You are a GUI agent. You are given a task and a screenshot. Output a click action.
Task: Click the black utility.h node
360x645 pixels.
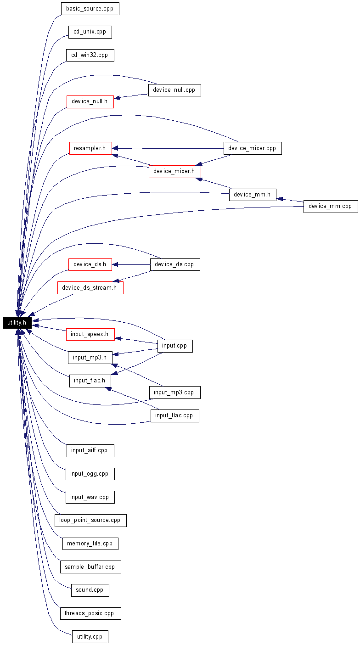pyautogui.click(x=17, y=322)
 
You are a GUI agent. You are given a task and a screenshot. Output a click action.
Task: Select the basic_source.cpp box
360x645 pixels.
pyautogui.click(x=90, y=9)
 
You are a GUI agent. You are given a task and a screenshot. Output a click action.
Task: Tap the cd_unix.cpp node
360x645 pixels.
pyautogui.click(x=90, y=32)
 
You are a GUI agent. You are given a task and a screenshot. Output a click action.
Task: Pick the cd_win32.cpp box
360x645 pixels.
pyautogui.click(x=90, y=55)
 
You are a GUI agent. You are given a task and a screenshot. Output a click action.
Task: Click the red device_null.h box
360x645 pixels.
pyautogui.click(x=90, y=102)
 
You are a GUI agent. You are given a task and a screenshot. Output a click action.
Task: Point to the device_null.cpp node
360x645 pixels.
pyautogui.click(x=174, y=90)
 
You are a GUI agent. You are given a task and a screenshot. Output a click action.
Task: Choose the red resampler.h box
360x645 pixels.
pyautogui.click(x=90, y=148)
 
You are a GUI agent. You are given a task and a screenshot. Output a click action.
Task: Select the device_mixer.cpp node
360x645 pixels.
pyautogui.click(x=253, y=148)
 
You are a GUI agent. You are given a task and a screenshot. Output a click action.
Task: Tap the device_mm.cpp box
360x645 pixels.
pyautogui.click(x=331, y=207)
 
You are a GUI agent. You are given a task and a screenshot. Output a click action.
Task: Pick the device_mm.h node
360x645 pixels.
pyautogui.click(x=253, y=195)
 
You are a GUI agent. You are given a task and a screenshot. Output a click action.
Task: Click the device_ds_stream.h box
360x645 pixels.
pyautogui.click(x=90, y=288)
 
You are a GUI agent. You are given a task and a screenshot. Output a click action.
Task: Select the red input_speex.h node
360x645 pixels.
pyautogui.click(x=90, y=334)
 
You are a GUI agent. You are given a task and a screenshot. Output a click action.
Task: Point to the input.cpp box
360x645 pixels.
pyautogui.click(x=175, y=346)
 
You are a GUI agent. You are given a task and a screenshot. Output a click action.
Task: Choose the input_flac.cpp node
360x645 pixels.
pyautogui.click(x=175, y=416)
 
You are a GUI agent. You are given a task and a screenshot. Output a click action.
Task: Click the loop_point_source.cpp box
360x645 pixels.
pyautogui.click(x=90, y=520)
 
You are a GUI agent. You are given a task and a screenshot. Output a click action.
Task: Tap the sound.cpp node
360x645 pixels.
pyautogui.click(x=90, y=590)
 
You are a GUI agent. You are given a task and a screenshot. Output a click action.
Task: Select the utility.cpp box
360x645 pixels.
pyautogui.click(x=90, y=636)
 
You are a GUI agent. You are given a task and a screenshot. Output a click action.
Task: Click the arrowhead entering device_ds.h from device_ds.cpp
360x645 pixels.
pyautogui.click(x=115, y=264)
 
